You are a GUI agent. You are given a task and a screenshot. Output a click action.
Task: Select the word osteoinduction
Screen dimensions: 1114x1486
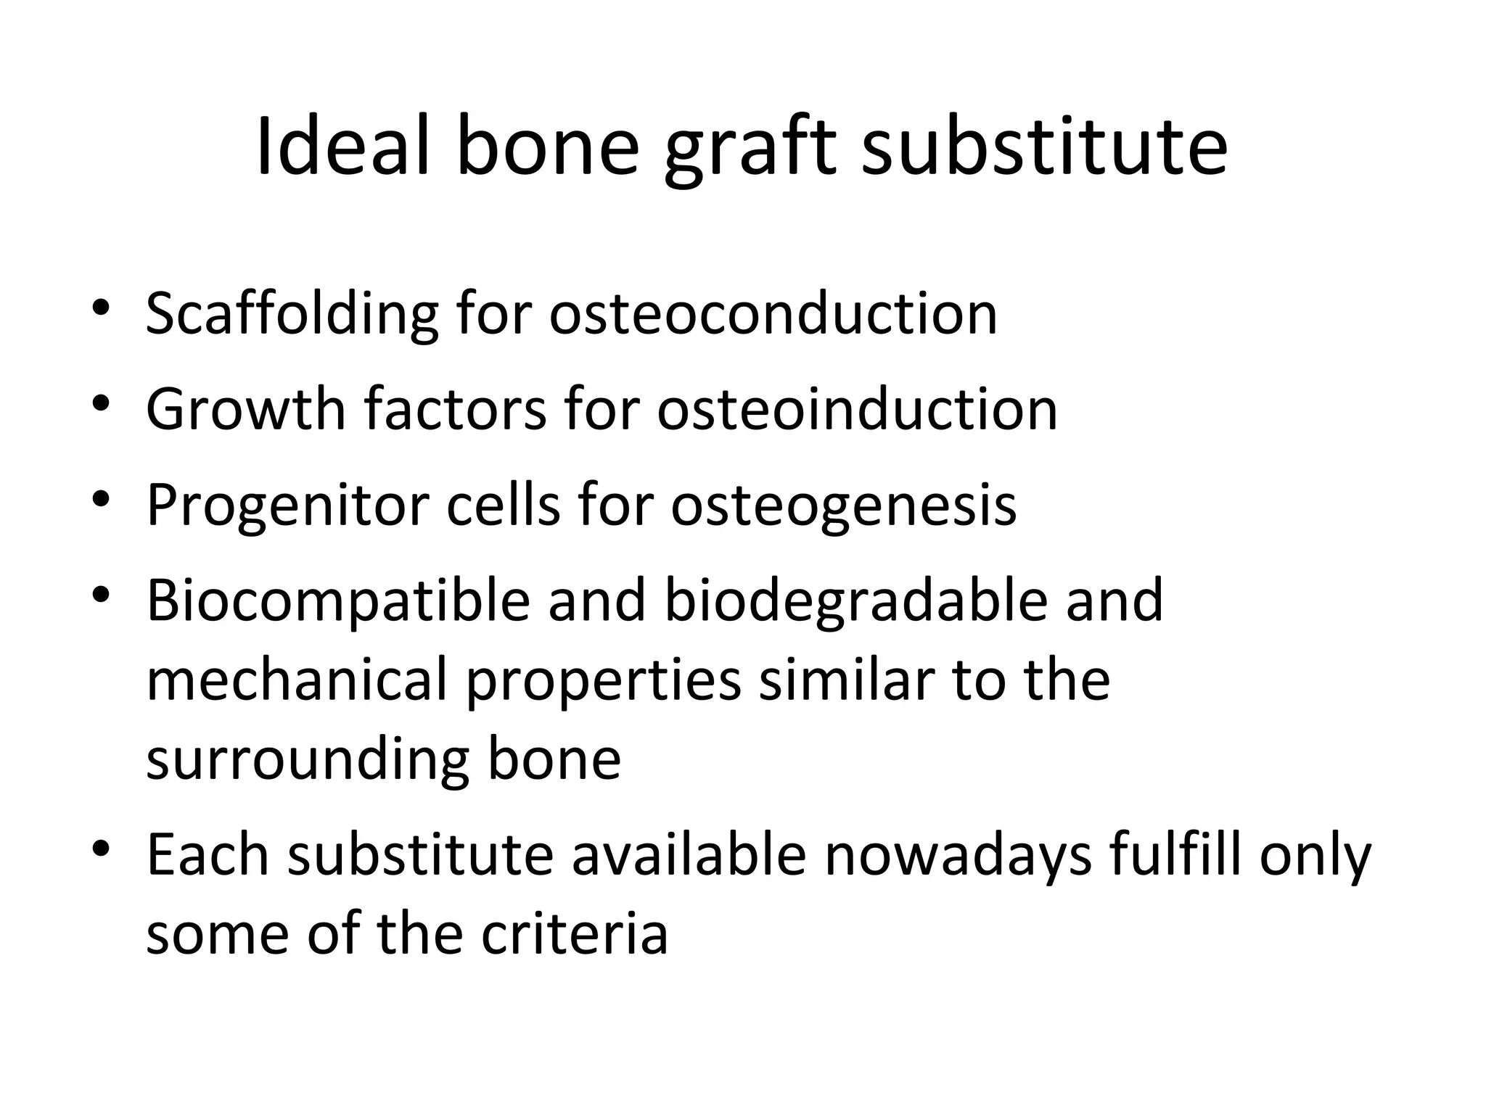click(857, 409)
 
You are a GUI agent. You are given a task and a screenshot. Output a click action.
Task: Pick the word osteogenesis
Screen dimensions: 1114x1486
click(843, 505)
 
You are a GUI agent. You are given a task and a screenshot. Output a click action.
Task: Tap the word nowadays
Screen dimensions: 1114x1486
click(958, 856)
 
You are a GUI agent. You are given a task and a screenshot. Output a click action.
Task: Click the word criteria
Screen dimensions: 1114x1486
click(574, 934)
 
